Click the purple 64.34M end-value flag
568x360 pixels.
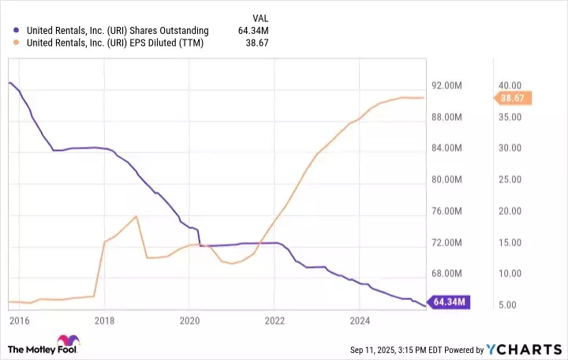450,302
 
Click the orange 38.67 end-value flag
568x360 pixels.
515,98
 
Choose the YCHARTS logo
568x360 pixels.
521,349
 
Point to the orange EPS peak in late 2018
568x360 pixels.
136,216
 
